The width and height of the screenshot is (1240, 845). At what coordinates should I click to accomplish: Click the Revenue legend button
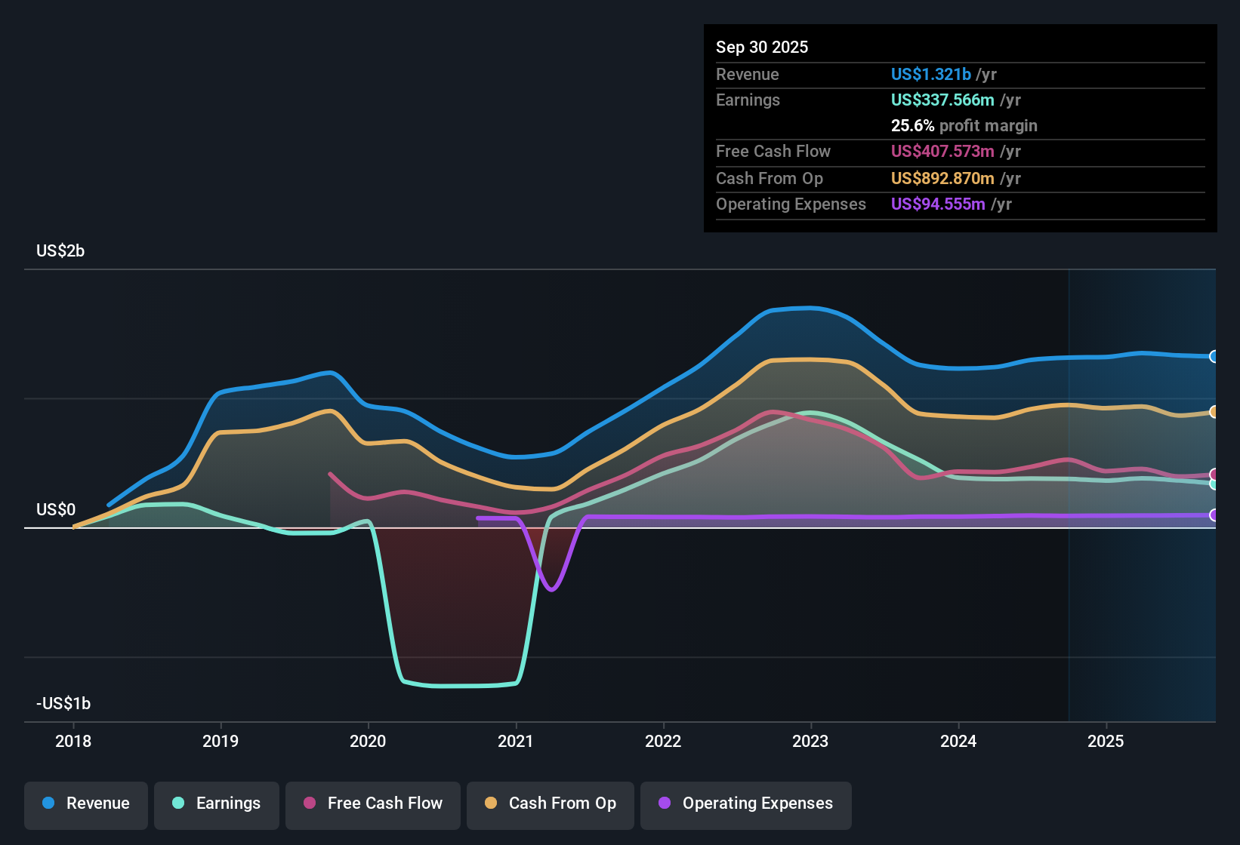(x=86, y=804)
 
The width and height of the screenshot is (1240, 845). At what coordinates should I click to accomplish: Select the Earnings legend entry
(x=217, y=804)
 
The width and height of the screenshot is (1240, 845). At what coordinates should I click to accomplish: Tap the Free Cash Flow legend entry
(x=373, y=804)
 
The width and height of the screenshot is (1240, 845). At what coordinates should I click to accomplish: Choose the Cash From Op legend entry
(x=551, y=804)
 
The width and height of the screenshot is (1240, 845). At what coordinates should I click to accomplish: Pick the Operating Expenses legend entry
(x=746, y=804)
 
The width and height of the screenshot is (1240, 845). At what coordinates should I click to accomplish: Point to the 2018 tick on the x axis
(x=73, y=741)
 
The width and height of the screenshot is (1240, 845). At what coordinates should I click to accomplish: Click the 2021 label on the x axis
(x=516, y=741)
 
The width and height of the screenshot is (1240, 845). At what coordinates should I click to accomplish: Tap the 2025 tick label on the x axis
(x=1106, y=741)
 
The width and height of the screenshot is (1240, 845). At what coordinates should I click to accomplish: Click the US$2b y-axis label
(x=60, y=250)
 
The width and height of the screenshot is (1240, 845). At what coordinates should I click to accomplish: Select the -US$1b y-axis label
(x=63, y=703)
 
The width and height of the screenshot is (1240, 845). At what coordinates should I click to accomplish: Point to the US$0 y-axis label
(x=56, y=509)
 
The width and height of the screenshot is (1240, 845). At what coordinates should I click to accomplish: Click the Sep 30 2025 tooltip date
(x=762, y=47)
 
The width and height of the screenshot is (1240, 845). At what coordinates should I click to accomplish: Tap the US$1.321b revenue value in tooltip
(x=930, y=74)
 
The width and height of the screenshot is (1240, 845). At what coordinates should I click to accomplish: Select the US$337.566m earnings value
(x=942, y=100)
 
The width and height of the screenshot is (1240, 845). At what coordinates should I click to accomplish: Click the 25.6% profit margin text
(x=964, y=125)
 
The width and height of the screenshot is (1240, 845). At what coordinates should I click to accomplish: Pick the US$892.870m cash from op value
(x=942, y=178)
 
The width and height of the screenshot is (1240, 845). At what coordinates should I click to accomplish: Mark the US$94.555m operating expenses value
(x=937, y=204)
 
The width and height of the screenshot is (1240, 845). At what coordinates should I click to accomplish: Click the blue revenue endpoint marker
(x=1214, y=356)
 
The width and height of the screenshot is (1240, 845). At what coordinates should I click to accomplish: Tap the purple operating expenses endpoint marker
(x=1214, y=515)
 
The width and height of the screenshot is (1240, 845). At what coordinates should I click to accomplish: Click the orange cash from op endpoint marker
(x=1214, y=412)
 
